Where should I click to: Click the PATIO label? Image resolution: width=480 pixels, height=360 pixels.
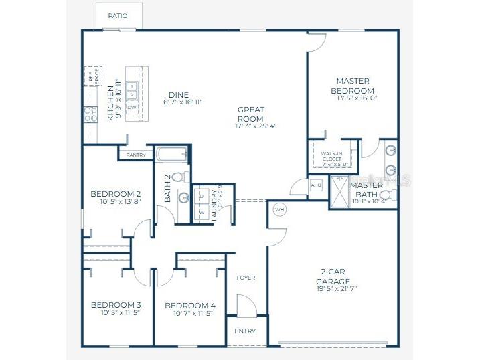tap(117, 15)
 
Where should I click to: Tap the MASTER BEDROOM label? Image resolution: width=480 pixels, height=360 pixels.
tap(355, 86)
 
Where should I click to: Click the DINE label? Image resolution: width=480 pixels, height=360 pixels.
tap(179, 94)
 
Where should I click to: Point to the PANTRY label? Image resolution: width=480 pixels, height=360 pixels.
tap(136, 155)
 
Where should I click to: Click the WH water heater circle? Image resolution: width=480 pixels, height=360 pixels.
tap(280, 210)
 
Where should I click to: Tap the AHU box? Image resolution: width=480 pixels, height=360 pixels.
tap(317, 185)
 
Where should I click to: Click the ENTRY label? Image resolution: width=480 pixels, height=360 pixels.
tap(245, 331)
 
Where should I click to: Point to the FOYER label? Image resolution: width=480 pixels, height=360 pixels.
tap(246, 278)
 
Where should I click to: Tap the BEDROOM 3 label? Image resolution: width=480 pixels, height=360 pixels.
tap(115, 304)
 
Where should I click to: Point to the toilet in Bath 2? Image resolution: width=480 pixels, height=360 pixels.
tap(179, 177)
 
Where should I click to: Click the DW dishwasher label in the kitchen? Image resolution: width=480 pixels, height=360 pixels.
tap(132, 106)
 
